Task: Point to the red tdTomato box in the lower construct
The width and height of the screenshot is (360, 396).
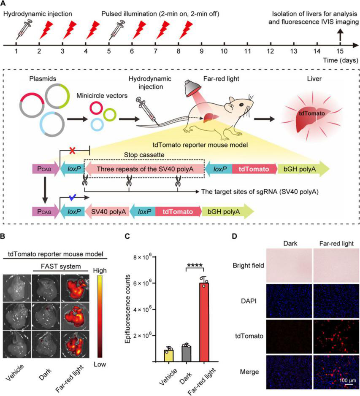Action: click(178, 210)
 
